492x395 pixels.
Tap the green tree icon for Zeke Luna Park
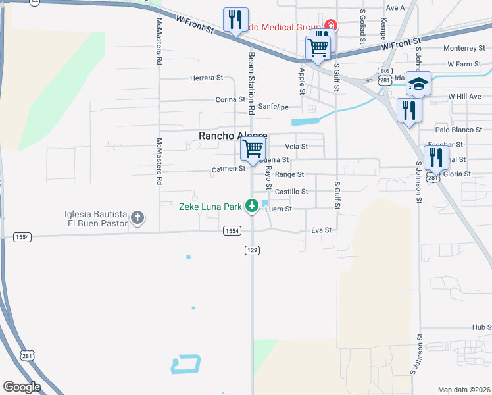click(x=251, y=206)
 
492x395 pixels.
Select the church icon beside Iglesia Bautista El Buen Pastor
click(x=137, y=218)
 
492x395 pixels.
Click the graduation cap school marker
click(x=418, y=84)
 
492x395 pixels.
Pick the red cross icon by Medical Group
click(x=330, y=26)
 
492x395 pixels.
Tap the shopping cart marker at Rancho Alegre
click(x=253, y=149)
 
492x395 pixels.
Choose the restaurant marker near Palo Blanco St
click(x=408, y=111)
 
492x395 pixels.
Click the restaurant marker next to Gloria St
click(x=435, y=159)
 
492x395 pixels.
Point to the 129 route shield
click(x=252, y=250)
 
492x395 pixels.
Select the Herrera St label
click(x=207, y=78)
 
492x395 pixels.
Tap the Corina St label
click(x=230, y=100)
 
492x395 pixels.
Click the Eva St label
click(x=321, y=230)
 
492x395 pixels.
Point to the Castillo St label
click(x=291, y=192)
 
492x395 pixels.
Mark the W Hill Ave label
click(x=465, y=96)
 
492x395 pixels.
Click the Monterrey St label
click(x=464, y=48)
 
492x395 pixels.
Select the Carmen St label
click(x=228, y=169)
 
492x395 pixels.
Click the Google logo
click(x=22, y=387)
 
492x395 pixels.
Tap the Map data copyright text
click(x=463, y=389)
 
